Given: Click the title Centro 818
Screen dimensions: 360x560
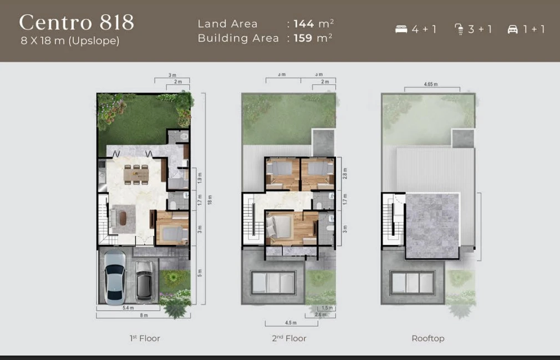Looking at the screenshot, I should (77, 23).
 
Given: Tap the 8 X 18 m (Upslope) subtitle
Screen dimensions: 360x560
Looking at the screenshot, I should (70, 41).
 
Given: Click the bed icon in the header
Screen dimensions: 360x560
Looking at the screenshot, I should (401, 29).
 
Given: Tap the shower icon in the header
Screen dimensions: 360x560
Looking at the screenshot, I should (459, 29).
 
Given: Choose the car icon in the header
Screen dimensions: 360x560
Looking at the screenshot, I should (513, 29).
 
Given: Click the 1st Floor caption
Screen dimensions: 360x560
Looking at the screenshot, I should (145, 338).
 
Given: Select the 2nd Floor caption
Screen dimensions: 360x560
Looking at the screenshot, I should (289, 338).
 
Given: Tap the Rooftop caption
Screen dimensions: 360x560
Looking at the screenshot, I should (427, 338).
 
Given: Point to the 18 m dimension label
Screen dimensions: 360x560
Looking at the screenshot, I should (210, 199).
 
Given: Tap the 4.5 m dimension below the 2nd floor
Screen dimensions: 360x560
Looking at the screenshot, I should (291, 322).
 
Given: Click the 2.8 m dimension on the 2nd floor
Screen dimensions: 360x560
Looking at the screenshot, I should (344, 174).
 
